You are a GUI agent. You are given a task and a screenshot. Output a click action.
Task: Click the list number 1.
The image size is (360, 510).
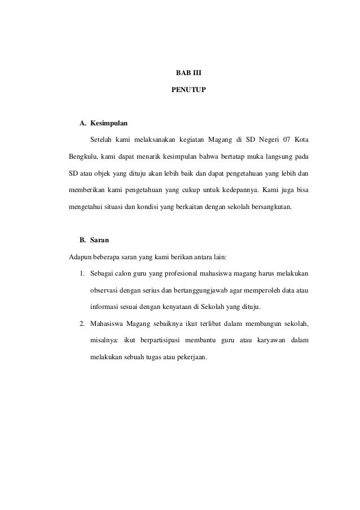pos(82,274)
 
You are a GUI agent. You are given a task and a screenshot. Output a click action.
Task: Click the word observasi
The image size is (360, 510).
pos(104,290)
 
